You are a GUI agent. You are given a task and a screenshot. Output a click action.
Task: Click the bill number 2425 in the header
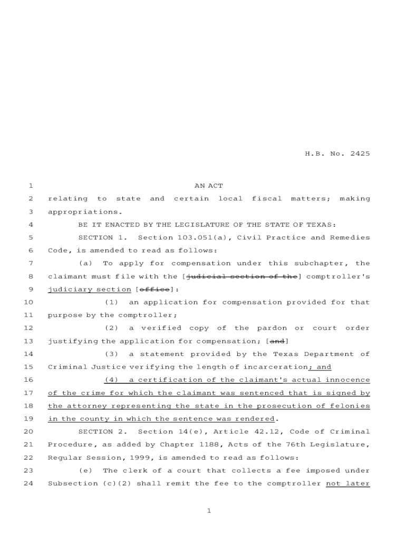pos(359,154)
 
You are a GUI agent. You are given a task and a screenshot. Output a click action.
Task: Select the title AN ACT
pos(209,186)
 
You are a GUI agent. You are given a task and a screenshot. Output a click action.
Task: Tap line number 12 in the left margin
pos(29,328)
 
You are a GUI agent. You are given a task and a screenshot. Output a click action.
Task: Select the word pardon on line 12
pos(272,328)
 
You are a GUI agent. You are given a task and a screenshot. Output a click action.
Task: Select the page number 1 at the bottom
pos(209,511)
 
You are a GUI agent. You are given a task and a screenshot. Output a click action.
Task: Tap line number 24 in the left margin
pos(29,483)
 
